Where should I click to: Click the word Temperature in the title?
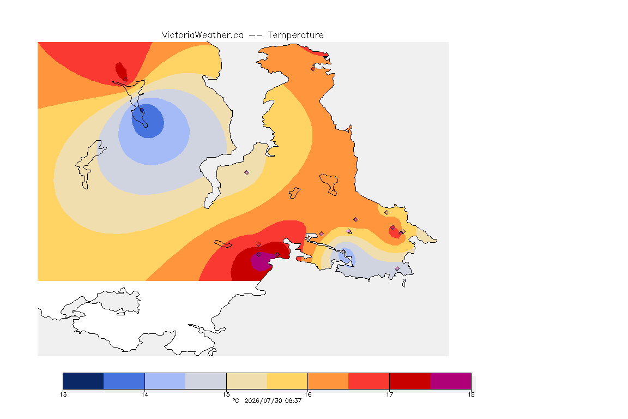coord(295,35)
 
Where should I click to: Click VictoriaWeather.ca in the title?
coord(203,35)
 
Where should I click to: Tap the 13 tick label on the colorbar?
coord(63,394)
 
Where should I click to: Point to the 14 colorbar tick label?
coord(144,394)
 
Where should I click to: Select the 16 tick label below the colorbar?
coord(307,394)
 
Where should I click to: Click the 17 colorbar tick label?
coord(389,394)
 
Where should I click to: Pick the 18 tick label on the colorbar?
coord(471,394)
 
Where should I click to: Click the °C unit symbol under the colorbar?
coord(235,400)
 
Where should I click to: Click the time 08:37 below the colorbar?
coord(293,400)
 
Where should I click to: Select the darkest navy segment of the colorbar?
coord(83,381)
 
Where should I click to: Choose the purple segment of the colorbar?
coord(451,381)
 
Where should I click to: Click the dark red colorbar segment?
coord(410,381)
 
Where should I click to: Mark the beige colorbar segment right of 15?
coord(247,381)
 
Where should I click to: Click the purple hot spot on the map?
coord(261,262)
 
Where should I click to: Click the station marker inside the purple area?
coord(259,255)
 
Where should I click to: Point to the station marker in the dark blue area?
coord(142,110)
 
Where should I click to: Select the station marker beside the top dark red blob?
coord(126,80)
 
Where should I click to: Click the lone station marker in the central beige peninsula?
coord(247,173)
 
